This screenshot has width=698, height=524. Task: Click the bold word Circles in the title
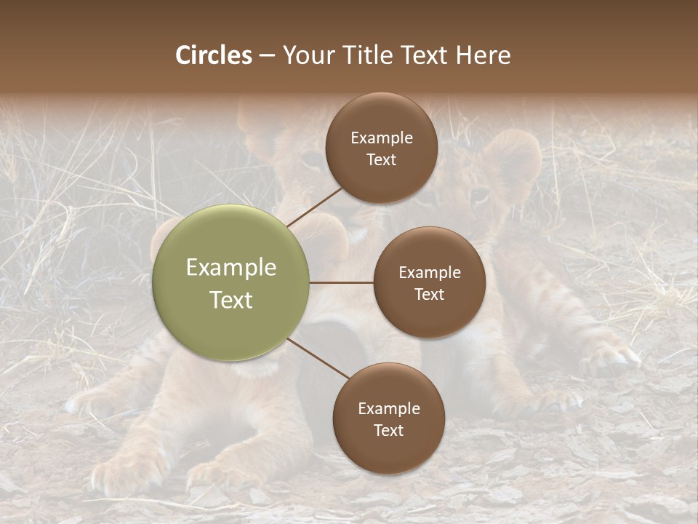tap(214, 55)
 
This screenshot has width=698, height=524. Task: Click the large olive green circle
tap(231, 282)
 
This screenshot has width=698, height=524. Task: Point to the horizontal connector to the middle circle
tap(341, 282)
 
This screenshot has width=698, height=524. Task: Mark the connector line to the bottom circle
tap(318, 359)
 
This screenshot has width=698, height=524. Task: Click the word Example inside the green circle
tap(231, 268)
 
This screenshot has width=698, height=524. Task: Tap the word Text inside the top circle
tap(381, 160)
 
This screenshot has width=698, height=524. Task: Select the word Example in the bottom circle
tap(388, 408)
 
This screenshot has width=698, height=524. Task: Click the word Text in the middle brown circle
tap(429, 295)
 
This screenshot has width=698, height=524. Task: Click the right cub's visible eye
tap(480, 195)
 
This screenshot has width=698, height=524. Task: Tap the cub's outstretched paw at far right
tap(614, 357)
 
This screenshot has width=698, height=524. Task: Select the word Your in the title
tap(307, 55)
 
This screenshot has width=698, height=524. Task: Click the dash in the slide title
tap(267, 55)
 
